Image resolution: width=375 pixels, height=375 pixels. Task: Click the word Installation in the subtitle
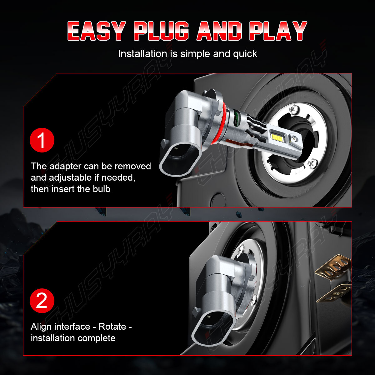[142, 53]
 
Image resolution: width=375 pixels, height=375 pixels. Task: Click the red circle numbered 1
[42, 140]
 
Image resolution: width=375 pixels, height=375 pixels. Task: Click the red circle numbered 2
[42, 301]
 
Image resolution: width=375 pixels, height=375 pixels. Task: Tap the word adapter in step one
[65, 167]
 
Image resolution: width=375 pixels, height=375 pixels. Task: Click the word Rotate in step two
[112, 326]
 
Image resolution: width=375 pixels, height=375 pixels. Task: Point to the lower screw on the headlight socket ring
[312, 162]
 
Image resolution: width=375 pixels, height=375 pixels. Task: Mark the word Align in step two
[41, 327]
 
